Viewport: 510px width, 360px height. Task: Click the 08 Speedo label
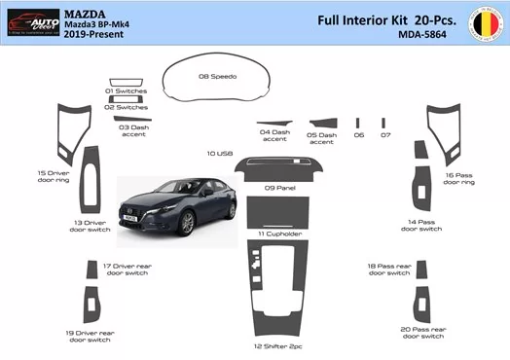tap(216, 75)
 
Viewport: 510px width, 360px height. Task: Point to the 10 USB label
tap(219, 154)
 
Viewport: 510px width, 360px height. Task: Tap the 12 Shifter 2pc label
tap(277, 345)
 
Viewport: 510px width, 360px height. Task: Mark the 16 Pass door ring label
tap(458, 179)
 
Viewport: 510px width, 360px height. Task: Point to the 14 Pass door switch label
tap(425, 226)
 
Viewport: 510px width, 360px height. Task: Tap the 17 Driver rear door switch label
tap(127, 269)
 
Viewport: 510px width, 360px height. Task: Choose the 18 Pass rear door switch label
tap(389, 270)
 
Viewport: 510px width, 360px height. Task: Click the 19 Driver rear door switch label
tap(90, 336)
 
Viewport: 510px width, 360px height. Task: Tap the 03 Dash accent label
tap(133, 130)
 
